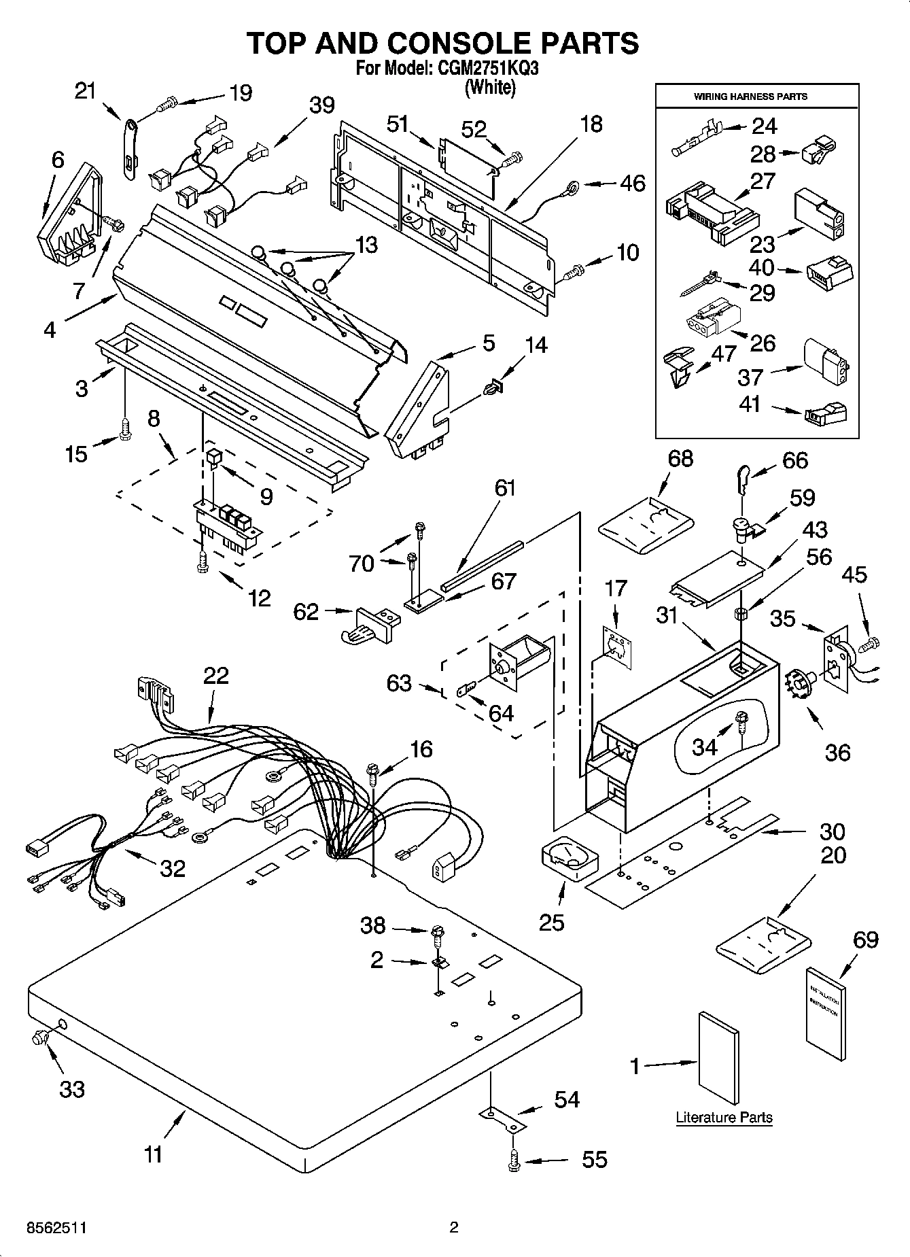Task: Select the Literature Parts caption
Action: [724, 1117]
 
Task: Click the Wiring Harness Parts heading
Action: [750, 97]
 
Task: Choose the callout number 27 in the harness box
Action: [763, 181]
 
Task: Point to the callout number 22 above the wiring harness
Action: [215, 676]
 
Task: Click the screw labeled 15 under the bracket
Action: [124, 430]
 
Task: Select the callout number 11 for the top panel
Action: [154, 1154]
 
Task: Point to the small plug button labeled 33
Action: [41, 1037]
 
